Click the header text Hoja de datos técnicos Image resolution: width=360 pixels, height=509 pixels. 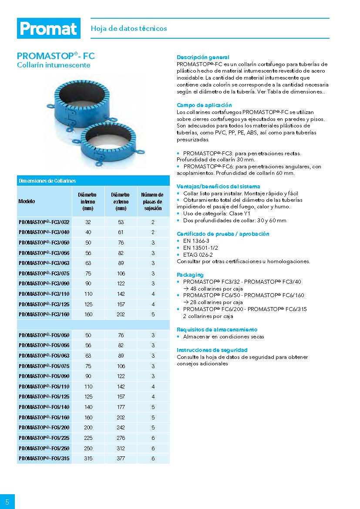[129, 28]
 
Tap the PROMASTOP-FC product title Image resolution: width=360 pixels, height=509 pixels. [56, 56]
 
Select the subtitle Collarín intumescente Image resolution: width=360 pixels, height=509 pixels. [54, 65]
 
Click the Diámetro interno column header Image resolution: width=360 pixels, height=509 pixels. [87, 201]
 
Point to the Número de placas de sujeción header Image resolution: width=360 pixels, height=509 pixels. [153, 201]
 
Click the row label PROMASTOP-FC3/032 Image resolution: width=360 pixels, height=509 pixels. [44, 222]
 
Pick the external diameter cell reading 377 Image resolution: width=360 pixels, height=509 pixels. [121, 459]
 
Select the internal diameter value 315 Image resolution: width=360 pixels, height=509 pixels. [88, 459]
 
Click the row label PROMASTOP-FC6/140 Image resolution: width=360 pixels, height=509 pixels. [44, 407]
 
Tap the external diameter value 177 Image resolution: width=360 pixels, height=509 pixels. [121, 407]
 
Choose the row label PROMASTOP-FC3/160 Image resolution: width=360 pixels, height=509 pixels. [44, 315]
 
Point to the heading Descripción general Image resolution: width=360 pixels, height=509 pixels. [203, 57]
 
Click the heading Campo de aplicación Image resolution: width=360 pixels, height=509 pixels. [204, 105]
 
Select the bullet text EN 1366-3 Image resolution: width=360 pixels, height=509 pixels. [196, 241]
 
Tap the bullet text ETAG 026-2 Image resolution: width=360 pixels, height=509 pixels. [198, 254]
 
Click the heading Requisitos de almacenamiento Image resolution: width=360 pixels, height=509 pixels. [217, 330]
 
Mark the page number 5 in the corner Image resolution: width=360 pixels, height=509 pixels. [7, 501]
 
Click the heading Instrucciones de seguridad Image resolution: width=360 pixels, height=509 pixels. [212, 350]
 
